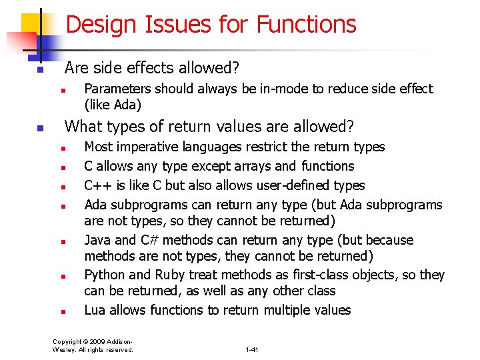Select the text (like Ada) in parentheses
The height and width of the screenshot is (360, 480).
(x=113, y=105)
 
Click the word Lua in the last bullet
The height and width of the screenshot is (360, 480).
(x=95, y=310)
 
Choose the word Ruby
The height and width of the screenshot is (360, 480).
(x=170, y=275)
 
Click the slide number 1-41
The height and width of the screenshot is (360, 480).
(x=252, y=349)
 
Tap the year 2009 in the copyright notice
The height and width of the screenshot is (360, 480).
(x=95, y=341)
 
